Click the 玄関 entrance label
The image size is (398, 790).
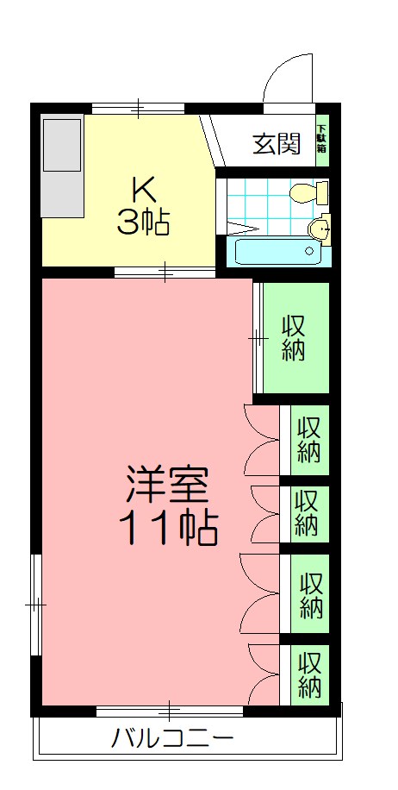pos(277,143)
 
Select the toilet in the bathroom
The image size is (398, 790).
pos(308,191)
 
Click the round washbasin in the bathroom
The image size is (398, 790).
pos(319,228)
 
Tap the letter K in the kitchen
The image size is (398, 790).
pos(142,189)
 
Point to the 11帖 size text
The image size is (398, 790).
pos(167,527)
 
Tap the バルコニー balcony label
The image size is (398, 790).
pos(172,738)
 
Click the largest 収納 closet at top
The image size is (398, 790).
pos(295,337)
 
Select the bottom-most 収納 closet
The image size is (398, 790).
pos(309,674)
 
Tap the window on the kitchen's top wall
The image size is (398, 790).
pos(138,109)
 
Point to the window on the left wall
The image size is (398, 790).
pos(35,605)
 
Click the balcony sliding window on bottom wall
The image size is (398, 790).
pos(170,712)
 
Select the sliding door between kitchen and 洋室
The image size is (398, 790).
pos(165,273)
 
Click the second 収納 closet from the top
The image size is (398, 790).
pos(309,439)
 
